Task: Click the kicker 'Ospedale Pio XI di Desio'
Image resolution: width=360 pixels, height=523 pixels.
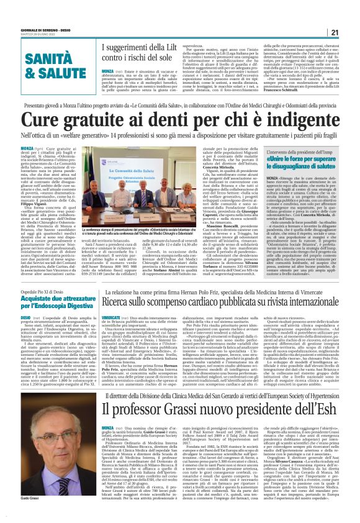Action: click(x=44, y=273)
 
